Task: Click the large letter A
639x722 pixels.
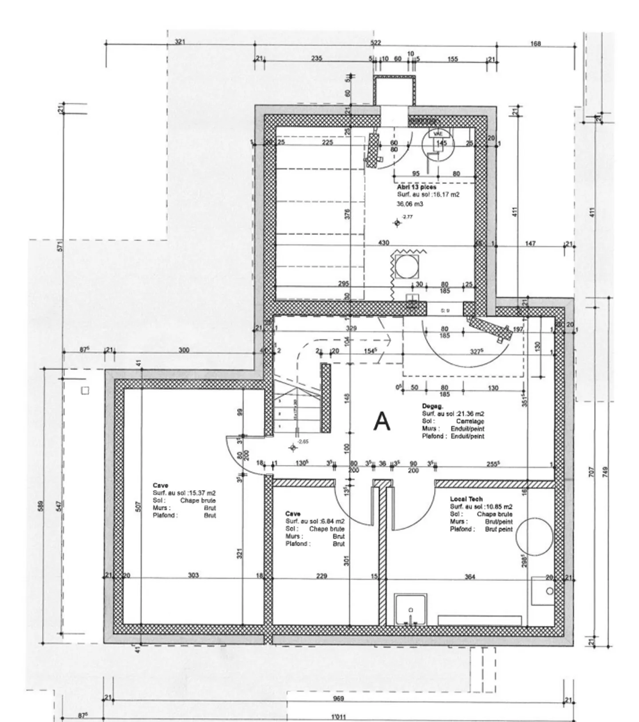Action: (382, 422)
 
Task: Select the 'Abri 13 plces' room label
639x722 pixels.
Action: (416, 187)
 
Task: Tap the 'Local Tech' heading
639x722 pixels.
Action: (466, 499)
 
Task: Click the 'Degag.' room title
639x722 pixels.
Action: (433, 406)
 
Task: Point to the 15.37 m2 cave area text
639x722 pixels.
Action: (184, 493)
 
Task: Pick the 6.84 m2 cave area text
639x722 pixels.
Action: (315, 522)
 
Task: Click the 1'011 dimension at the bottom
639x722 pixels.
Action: (339, 716)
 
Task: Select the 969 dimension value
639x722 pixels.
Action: (338, 698)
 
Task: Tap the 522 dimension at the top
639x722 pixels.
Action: (375, 43)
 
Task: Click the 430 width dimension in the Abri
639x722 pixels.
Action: (383, 243)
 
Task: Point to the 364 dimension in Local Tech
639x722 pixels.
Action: (469, 577)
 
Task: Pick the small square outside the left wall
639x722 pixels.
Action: (85, 391)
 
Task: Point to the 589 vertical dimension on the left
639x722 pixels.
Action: (41, 506)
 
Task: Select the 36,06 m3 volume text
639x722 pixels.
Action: (409, 204)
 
